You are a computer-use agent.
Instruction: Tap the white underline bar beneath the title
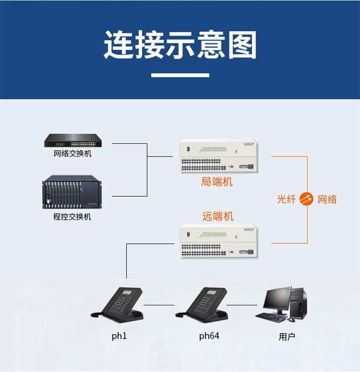point(180,75)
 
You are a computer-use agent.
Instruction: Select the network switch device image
point(72,140)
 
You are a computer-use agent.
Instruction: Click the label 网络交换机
point(72,154)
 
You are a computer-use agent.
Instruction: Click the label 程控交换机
point(72,217)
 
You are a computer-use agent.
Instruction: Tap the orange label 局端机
point(217,182)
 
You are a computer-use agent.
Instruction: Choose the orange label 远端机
point(218,216)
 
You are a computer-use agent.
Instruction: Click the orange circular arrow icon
point(307,199)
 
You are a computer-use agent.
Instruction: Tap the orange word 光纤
point(286,199)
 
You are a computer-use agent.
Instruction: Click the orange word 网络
point(327,199)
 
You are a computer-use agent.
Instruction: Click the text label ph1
point(119,336)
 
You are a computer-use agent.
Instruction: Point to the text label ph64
point(209,336)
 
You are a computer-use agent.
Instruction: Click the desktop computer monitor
point(277,299)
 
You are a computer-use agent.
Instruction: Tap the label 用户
point(287,337)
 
